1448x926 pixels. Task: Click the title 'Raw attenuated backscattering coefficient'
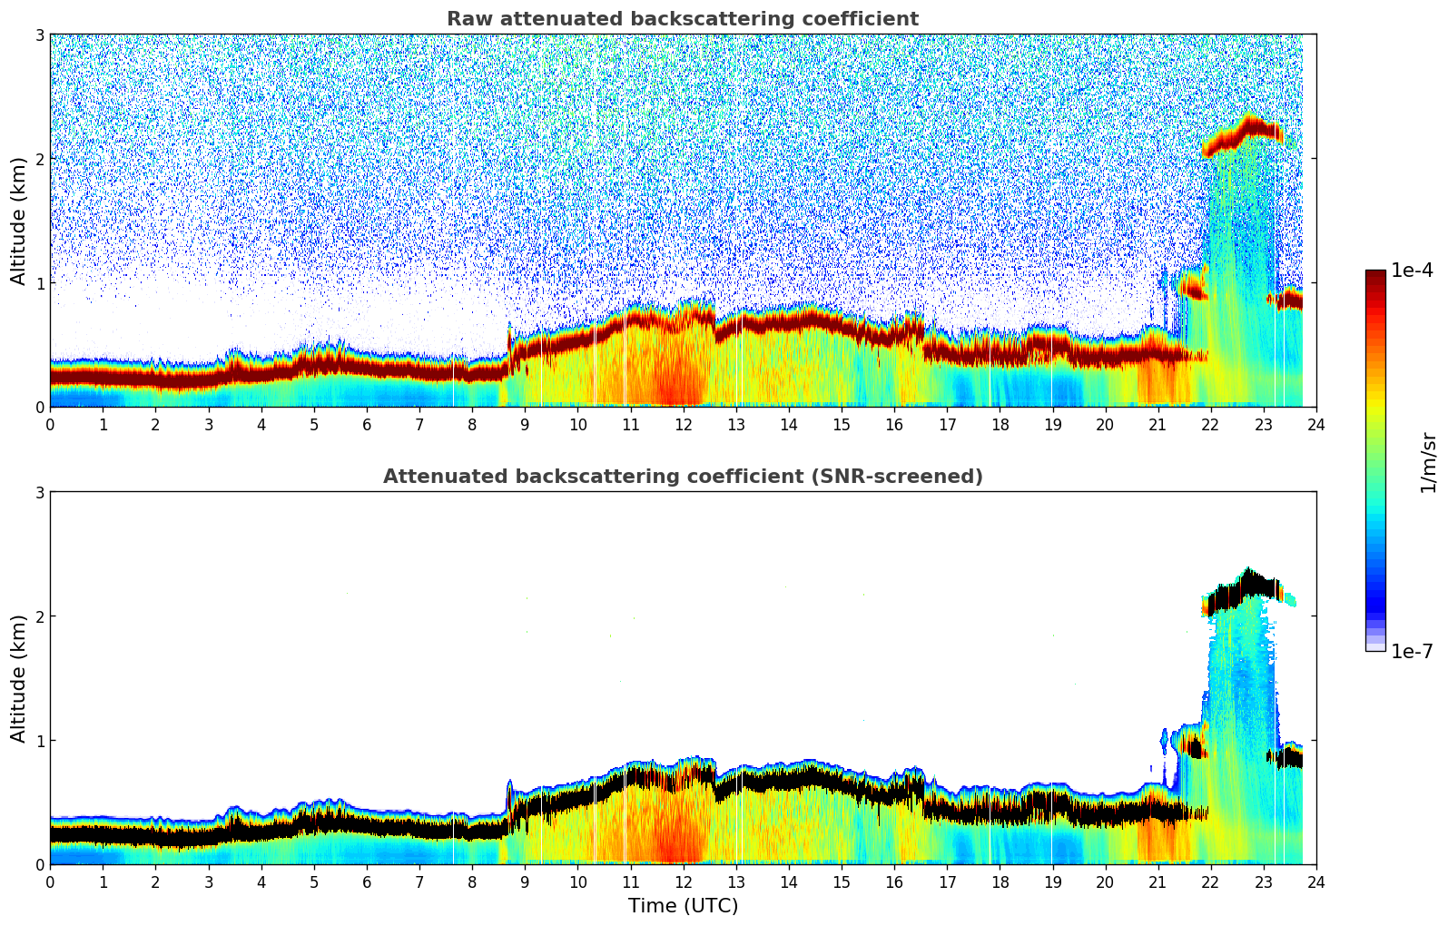click(x=682, y=19)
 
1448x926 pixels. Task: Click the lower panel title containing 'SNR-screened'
click(x=682, y=477)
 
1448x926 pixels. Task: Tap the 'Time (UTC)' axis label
click(x=683, y=905)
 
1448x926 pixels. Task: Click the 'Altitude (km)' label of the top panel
click(x=19, y=221)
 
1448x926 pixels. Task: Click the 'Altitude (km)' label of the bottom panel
click(x=19, y=678)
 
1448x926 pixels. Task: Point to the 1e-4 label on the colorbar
click(x=1412, y=271)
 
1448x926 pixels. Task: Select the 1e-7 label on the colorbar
click(x=1412, y=651)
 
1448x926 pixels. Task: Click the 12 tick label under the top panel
click(x=683, y=424)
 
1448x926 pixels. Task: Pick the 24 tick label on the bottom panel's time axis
click(x=1315, y=882)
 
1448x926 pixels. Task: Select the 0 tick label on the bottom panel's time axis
click(x=50, y=882)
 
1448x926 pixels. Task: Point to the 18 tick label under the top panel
click(x=1000, y=424)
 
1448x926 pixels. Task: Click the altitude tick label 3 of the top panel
click(x=39, y=34)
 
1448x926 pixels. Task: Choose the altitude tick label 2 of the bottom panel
click(x=39, y=616)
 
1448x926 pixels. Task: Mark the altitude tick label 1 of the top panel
click(x=39, y=283)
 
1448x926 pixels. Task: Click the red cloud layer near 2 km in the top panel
click(x=1239, y=133)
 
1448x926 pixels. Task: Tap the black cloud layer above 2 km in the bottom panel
click(x=1239, y=592)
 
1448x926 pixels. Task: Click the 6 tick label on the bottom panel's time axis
click(x=367, y=882)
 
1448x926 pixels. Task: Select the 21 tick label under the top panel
click(x=1157, y=424)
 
